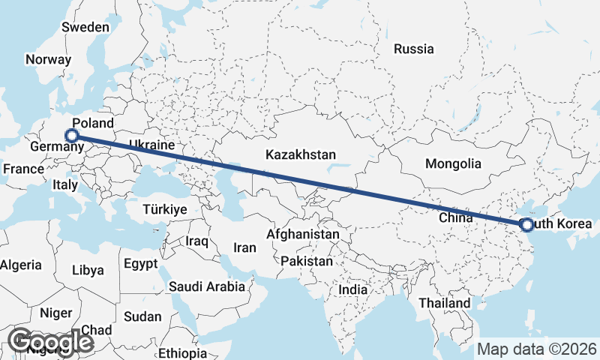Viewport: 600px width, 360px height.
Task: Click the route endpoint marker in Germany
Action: pos(72,136)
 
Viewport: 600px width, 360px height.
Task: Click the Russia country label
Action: pos(413,49)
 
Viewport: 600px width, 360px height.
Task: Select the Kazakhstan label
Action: pos(300,154)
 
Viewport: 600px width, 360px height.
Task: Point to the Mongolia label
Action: pos(452,163)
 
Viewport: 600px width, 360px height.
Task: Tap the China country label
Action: pos(455,218)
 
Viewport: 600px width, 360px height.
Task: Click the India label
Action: pos(353,289)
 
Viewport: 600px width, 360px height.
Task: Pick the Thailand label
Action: pos(445,303)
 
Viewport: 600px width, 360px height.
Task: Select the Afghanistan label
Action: pos(303,235)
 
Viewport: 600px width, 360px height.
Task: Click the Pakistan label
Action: pos(307,262)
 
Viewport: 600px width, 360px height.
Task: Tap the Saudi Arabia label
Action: pos(207,286)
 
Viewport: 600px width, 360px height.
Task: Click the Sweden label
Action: pos(85,27)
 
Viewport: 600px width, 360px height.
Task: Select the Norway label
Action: pos(48,60)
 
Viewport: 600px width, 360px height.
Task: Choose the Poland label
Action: pos(93,123)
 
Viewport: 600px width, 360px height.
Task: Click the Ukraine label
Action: pos(151,145)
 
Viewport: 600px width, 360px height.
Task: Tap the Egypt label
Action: pos(140,264)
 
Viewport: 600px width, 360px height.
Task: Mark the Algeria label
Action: pos(21,265)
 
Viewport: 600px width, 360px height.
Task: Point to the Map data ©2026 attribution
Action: pos(536,349)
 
